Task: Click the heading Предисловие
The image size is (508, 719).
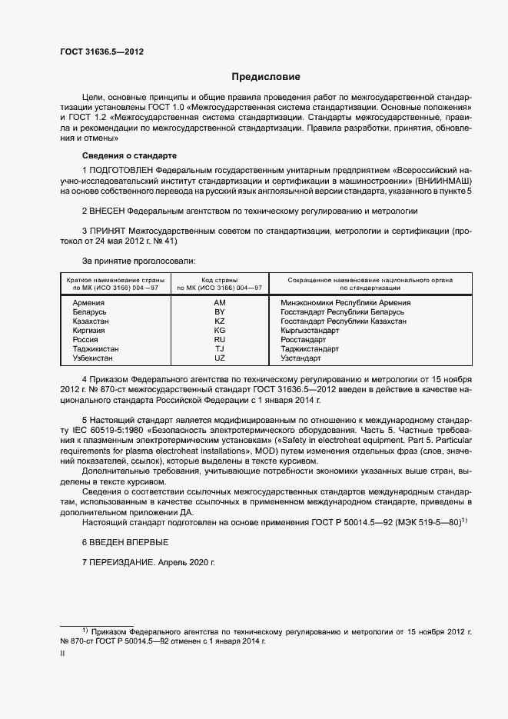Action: click(x=266, y=77)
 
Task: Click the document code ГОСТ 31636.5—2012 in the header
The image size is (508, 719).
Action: click(x=101, y=52)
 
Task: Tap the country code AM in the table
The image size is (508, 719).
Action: click(x=220, y=303)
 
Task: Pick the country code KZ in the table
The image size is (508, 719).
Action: click(x=220, y=321)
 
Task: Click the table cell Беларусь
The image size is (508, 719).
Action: click(x=89, y=312)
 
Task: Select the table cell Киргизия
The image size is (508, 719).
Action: click(x=88, y=330)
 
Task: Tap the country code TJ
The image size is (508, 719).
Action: click(x=220, y=348)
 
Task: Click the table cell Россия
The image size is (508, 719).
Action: click(x=85, y=339)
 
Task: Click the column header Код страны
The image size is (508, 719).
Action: click(x=220, y=279)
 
